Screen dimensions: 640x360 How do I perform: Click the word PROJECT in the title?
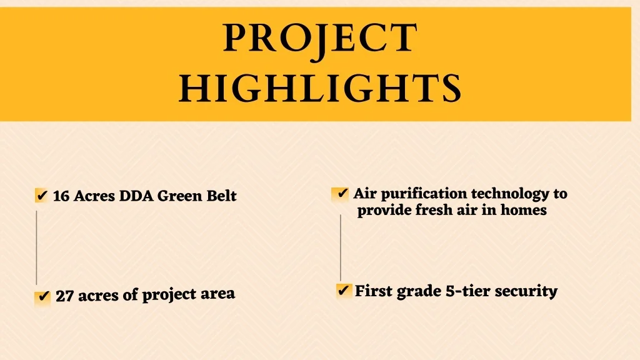321,38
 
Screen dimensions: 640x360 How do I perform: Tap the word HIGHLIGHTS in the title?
321,87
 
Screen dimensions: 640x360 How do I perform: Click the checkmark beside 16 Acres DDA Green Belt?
42,196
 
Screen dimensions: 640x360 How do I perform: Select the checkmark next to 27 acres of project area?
43,296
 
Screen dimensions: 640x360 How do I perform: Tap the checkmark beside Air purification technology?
341,193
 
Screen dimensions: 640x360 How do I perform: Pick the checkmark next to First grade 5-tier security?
344,291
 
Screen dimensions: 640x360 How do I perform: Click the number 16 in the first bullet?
61,196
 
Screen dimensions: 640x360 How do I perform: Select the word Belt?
221,196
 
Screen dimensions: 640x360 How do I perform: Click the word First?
374,291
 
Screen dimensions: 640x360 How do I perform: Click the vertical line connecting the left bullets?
36,247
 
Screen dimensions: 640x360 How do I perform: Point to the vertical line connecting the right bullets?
341,247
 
